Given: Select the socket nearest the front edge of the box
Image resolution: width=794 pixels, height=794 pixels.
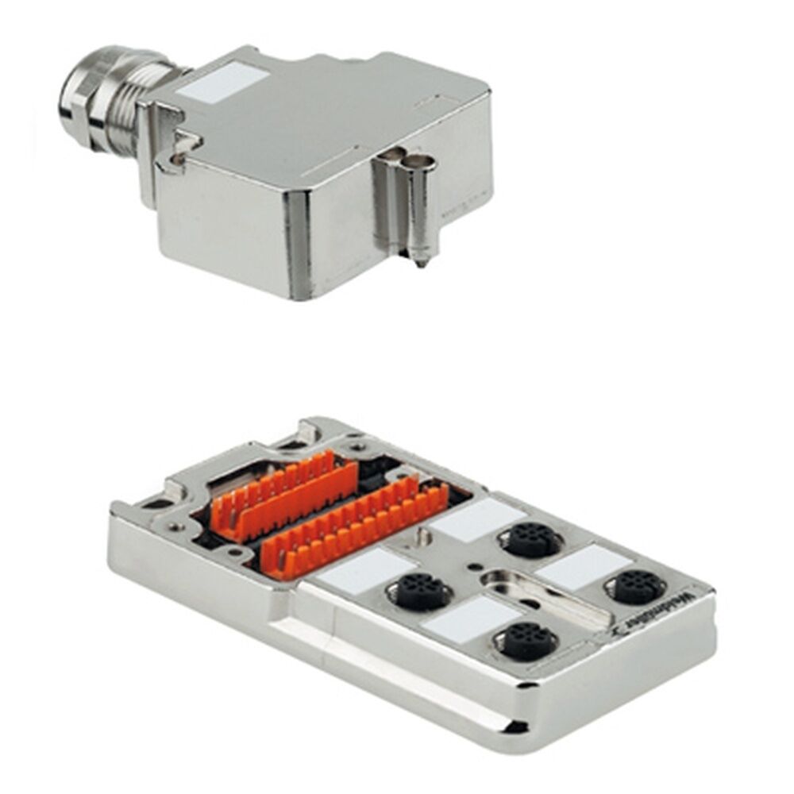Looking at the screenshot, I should (x=524, y=640).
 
